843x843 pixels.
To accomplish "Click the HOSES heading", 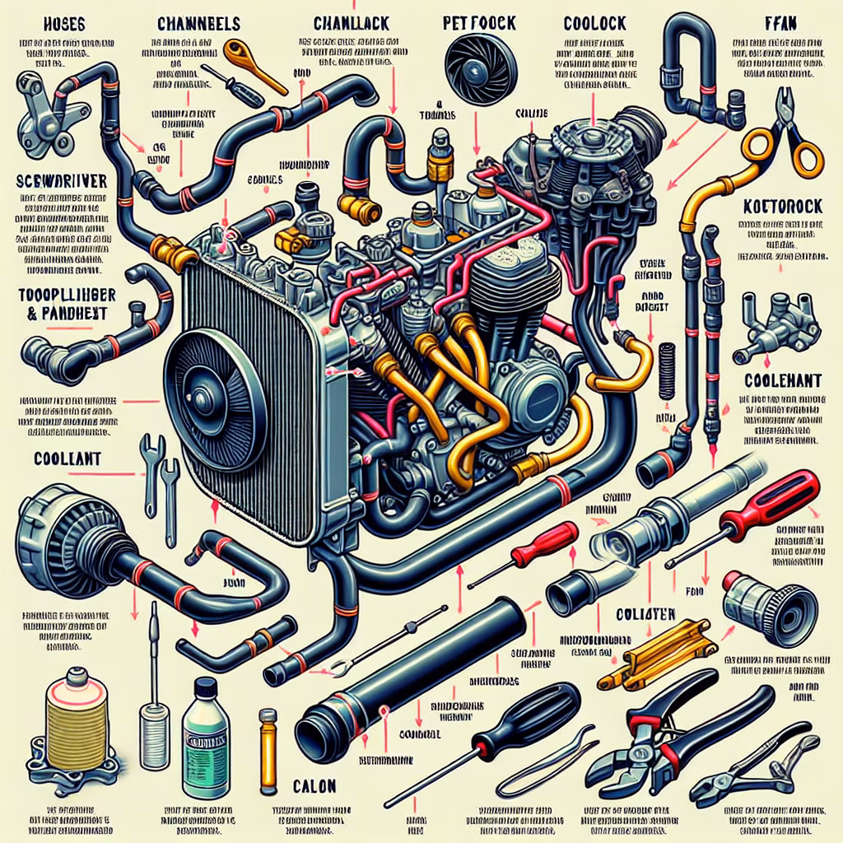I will tap(50, 22).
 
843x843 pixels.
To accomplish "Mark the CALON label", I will tap(314, 785).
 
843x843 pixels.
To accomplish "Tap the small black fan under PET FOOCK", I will tap(470, 63).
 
